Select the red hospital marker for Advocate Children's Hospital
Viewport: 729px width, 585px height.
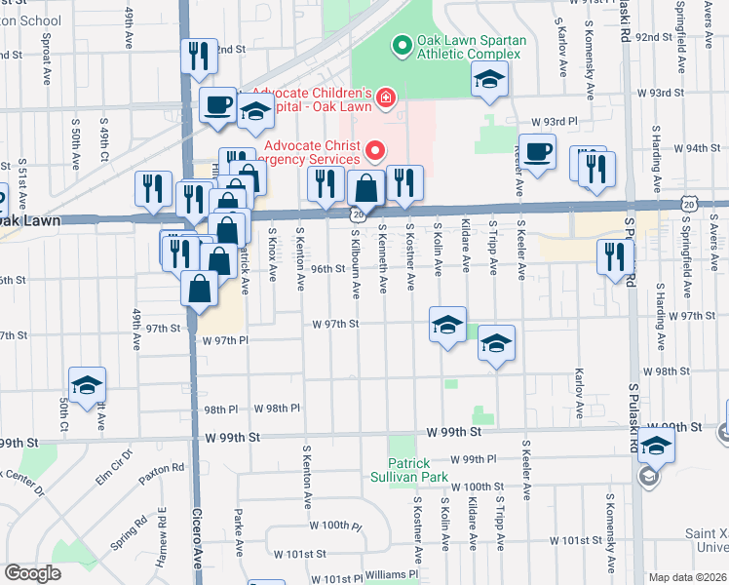click(386, 96)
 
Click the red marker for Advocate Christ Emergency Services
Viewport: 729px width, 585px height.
click(372, 150)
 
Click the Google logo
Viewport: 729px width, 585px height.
click(32, 572)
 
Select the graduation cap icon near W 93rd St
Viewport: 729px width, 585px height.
click(490, 81)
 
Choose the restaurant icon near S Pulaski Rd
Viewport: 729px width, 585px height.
click(614, 256)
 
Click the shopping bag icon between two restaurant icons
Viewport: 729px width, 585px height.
click(364, 187)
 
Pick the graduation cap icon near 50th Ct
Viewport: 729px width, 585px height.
click(87, 385)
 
